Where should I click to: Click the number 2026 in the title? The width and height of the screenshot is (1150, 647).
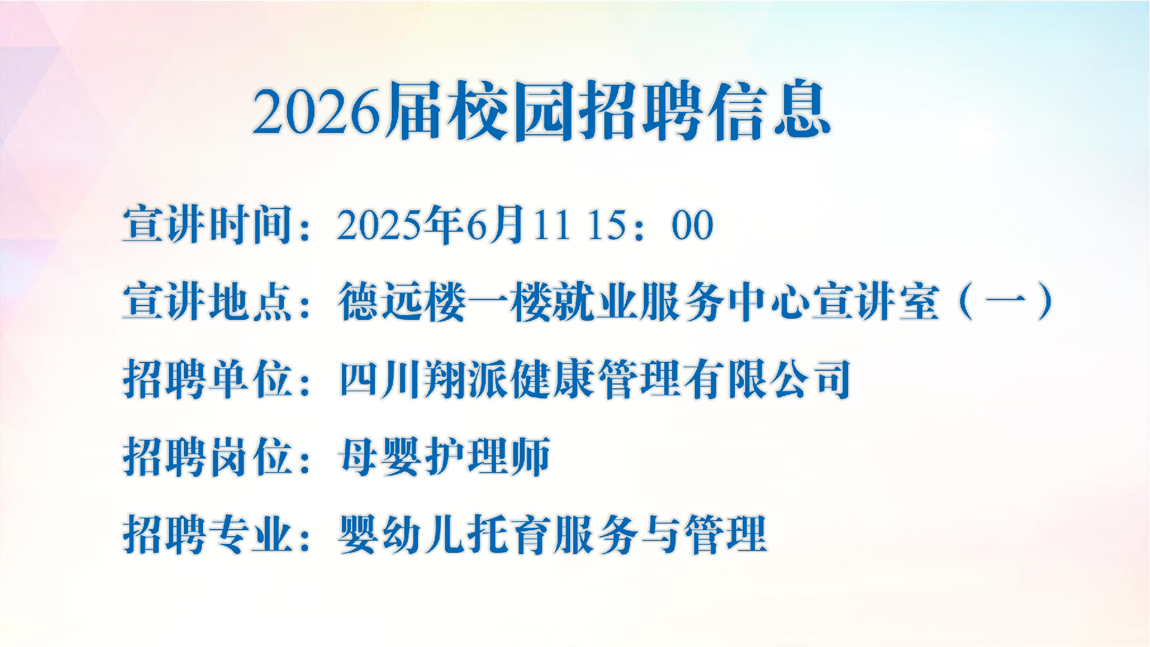click(x=317, y=111)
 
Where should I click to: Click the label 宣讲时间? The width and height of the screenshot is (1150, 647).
click(x=208, y=225)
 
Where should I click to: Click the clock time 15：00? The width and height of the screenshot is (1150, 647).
click(x=650, y=225)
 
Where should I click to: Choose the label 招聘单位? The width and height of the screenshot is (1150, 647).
click(x=208, y=379)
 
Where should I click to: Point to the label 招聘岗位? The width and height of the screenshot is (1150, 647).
click(x=208, y=456)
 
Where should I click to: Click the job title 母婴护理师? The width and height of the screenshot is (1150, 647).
click(x=444, y=456)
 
